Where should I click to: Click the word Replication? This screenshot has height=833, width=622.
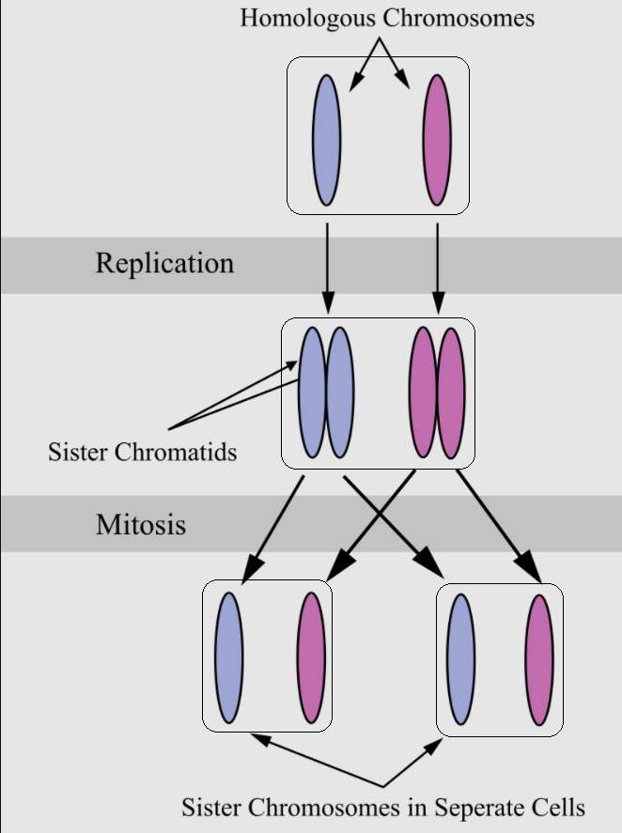pos(164,263)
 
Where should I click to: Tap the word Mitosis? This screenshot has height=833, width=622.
pos(141,524)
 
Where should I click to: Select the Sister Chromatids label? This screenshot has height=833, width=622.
pos(142,452)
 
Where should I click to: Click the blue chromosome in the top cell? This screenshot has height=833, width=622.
pos(326,140)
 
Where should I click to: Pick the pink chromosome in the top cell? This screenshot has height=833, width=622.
pos(437,140)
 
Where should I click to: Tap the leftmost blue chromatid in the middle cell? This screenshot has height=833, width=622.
pos(312,392)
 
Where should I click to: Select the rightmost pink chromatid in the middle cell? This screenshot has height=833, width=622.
pos(452,392)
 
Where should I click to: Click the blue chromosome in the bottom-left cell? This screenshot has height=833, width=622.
pos(229,657)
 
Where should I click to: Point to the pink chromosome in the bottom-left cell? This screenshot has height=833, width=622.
pos(312,657)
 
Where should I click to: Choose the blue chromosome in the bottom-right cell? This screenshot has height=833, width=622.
pos(460,659)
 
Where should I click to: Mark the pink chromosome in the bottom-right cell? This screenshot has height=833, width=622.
pos(539,659)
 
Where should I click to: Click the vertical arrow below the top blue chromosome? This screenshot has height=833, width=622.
pos(328,268)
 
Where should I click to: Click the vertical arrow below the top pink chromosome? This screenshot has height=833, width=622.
pos(437,268)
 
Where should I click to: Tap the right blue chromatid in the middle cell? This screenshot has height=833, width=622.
pos(339,392)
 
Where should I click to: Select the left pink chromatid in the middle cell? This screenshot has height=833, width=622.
pos(424,392)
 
